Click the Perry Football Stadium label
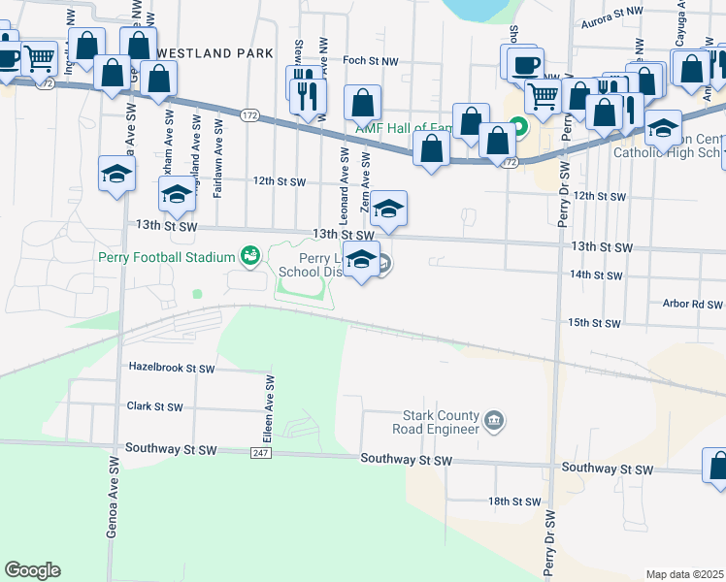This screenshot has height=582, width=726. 167,257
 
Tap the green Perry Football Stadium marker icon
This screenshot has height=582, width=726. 250,255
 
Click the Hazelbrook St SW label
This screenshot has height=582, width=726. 172,369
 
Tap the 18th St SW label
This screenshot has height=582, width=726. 513,501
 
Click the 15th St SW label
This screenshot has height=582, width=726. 594,322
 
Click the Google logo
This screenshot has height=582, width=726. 33,570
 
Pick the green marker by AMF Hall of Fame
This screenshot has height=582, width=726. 518,126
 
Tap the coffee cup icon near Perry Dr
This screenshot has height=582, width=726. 524,64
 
